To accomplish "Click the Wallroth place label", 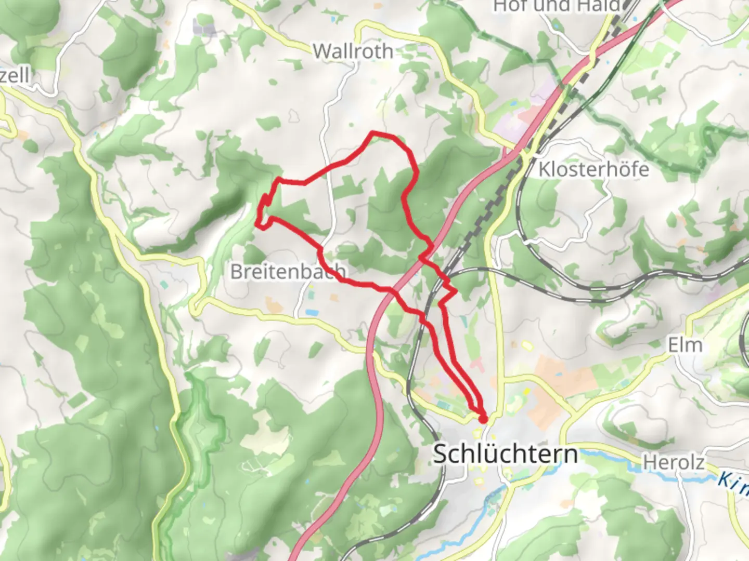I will [x=353, y=51].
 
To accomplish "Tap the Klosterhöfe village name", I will [x=593, y=169].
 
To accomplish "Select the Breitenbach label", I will [x=288, y=271].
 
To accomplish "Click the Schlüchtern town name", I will [x=505, y=454].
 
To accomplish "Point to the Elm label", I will [x=685, y=345].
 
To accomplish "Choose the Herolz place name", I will [x=674, y=462].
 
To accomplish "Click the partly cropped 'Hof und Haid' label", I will [x=557, y=6].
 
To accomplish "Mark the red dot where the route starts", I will [x=483, y=419].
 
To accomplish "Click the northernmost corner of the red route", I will [x=373, y=133].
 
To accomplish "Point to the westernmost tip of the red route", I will [x=257, y=223].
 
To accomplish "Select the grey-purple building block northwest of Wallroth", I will [x=204, y=27].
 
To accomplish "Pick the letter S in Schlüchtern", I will [x=440, y=454].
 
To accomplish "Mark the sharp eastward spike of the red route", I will [x=456, y=292].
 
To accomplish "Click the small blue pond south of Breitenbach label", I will [x=312, y=312].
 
